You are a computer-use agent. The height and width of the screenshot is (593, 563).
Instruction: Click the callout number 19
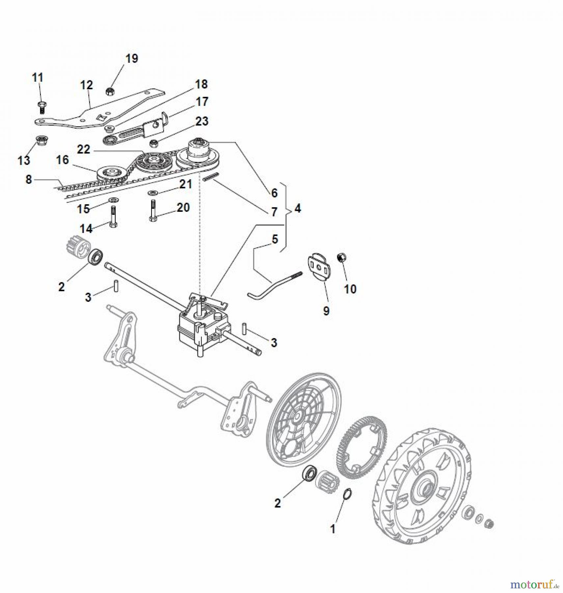tap(131, 59)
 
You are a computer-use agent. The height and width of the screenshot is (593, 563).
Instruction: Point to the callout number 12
tap(87, 85)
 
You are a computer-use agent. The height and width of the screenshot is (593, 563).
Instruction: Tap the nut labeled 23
tap(153, 143)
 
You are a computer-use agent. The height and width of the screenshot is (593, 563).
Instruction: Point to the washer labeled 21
tap(153, 192)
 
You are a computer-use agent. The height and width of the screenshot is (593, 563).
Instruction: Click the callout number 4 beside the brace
tap(297, 208)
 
